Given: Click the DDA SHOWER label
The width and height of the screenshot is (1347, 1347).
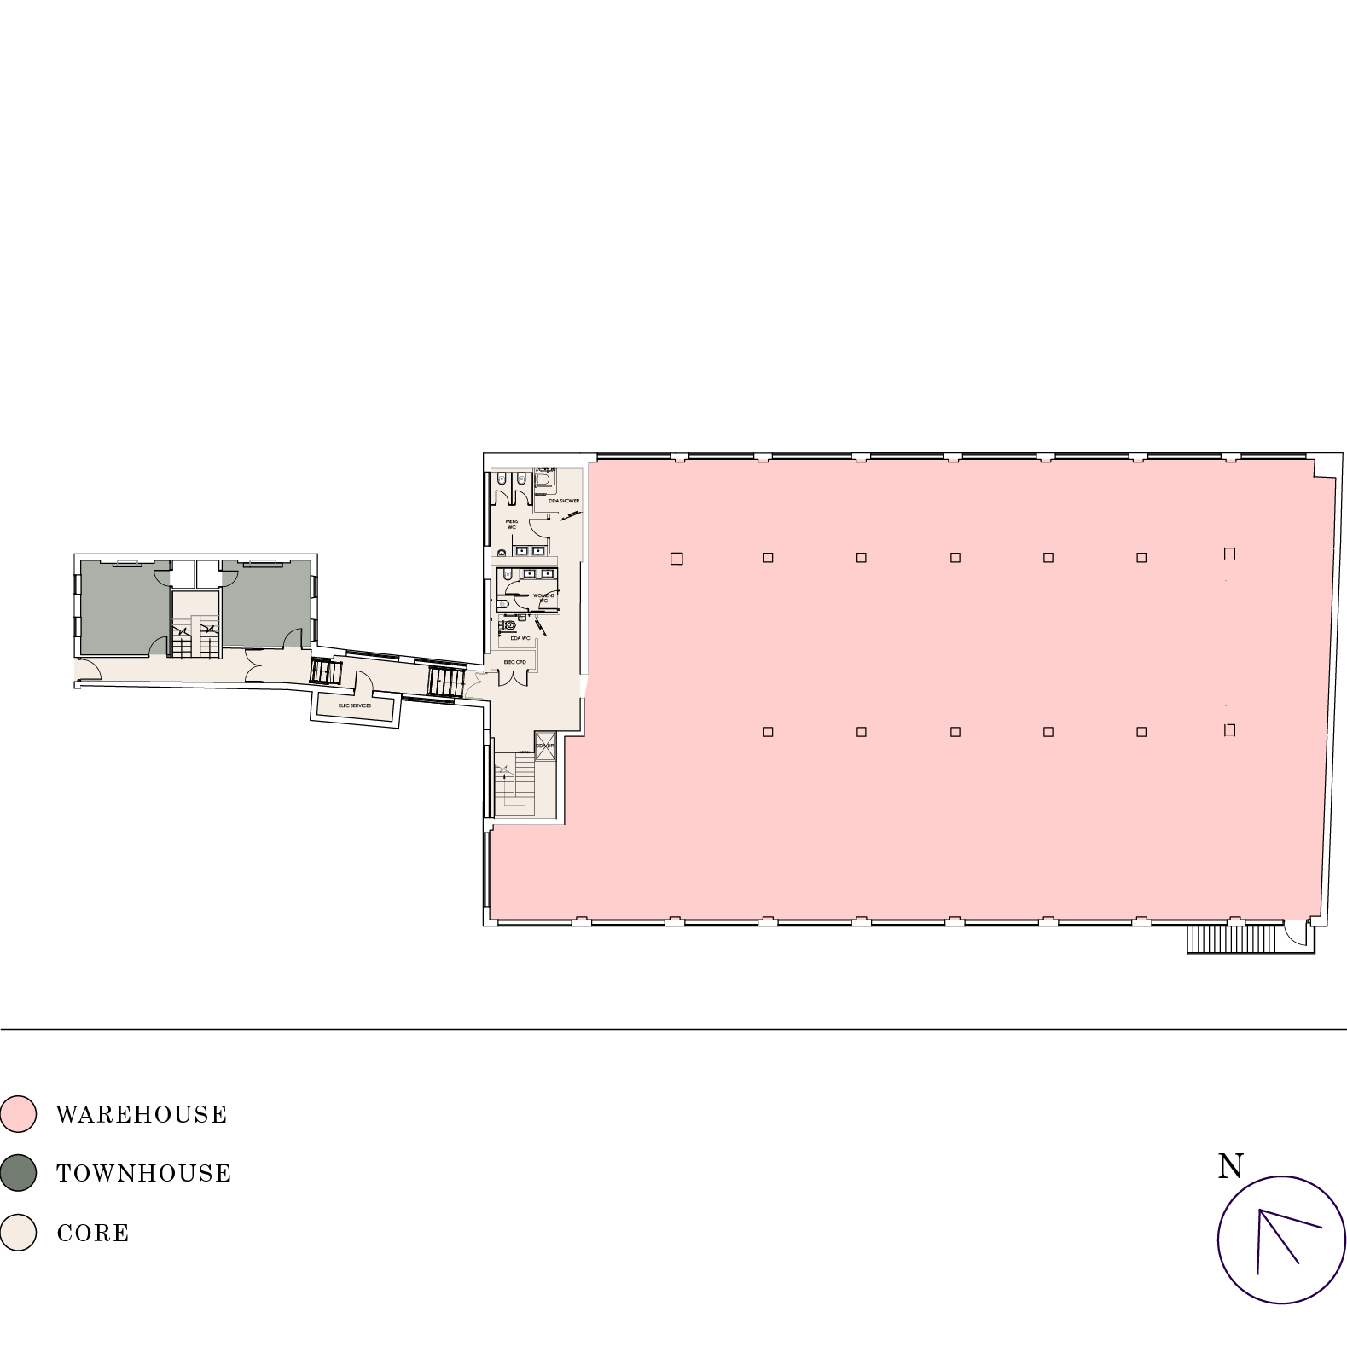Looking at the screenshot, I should coord(564,501).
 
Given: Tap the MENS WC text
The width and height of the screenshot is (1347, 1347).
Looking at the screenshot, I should coord(512,524).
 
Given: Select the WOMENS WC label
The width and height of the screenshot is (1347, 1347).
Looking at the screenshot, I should coord(543,597).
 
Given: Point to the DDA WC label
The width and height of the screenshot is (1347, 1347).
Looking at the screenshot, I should coord(520,637).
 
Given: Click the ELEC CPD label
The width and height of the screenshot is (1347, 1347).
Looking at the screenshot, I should coord(515,662).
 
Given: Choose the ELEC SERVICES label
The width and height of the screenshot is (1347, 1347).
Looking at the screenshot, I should coord(355,705).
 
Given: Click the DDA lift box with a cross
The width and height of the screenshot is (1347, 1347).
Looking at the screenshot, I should coord(545,746).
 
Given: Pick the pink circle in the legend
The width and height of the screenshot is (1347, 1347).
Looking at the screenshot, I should coord(18,1114).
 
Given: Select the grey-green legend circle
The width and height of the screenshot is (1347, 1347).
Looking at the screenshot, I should coord(18,1173).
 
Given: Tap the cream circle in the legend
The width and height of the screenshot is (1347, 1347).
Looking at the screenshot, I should coord(18,1232).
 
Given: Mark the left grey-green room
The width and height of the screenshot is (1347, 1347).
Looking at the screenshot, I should coord(125,607).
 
